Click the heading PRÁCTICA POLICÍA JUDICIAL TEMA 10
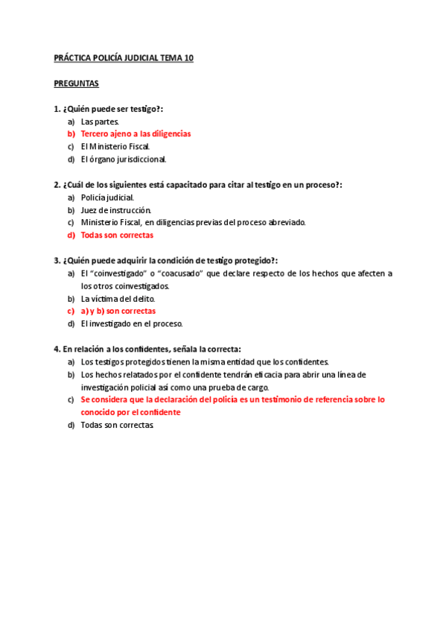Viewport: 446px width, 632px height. (x=124, y=58)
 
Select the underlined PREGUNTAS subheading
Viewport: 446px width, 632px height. (x=76, y=83)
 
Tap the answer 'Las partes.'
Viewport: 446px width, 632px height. (x=100, y=121)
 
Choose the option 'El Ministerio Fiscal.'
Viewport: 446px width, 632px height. (x=115, y=147)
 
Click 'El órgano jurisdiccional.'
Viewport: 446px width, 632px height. (x=124, y=159)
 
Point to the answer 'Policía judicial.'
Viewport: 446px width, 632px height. (x=107, y=197)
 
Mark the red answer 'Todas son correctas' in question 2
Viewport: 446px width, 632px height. (x=117, y=236)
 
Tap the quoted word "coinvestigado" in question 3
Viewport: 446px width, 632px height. (x=117, y=274)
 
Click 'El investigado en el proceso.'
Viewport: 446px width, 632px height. (x=131, y=324)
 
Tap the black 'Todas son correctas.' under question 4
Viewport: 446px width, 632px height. (x=118, y=425)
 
